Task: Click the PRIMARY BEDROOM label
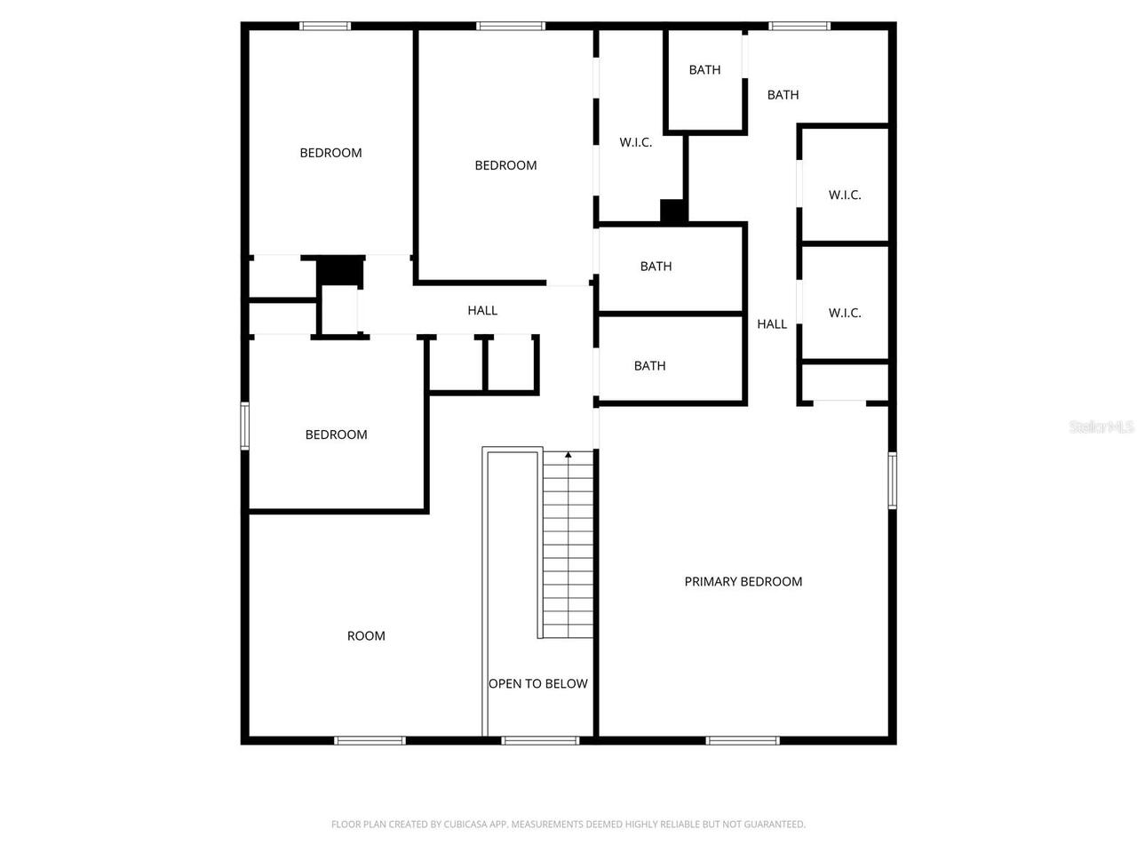click(x=743, y=581)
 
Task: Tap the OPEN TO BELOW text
click(x=537, y=683)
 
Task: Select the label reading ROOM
click(x=366, y=635)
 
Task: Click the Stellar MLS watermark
click(x=1101, y=427)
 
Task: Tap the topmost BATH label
click(x=704, y=69)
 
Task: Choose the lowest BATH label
click(x=649, y=365)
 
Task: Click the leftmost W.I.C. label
click(x=636, y=142)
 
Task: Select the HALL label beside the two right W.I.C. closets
click(x=772, y=324)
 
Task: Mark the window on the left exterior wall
click(x=245, y=426)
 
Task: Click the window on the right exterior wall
click(x=892, y=480)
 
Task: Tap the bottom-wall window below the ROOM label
click(x=370, y=739)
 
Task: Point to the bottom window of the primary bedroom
click(x=743, y=739)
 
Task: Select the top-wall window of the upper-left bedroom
click(x=325, y=27)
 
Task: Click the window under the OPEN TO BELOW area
click(x=540, y=739)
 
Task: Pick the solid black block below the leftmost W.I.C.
click(x=673, y=211)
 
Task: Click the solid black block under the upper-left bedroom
click(x=341, y=270)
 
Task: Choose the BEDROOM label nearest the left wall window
click(x=336, y=434)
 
